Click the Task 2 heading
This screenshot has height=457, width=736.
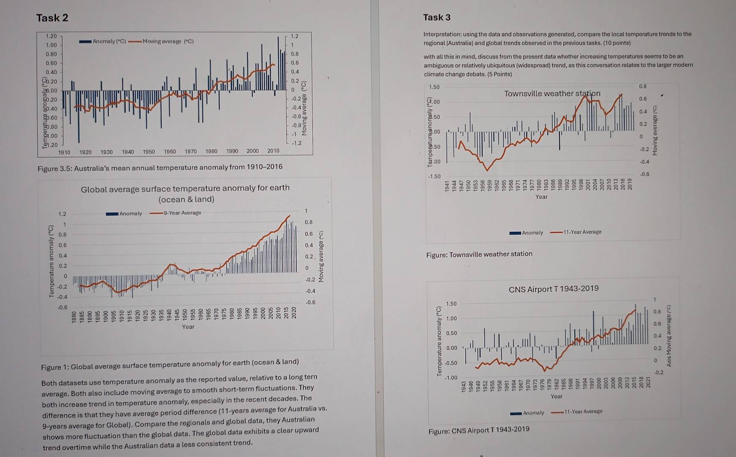52,18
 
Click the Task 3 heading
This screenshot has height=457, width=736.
437,17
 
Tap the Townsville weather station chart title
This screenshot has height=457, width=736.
552,93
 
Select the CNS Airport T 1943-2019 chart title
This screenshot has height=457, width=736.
553,289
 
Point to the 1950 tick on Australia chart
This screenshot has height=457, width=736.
149,151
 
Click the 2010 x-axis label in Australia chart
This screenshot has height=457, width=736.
273,151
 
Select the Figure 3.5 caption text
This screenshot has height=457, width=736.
160,168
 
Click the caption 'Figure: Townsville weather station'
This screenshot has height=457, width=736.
479,254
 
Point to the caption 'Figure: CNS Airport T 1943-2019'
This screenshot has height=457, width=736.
478,430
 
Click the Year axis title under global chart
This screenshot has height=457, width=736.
188,327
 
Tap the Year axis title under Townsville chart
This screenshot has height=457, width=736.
541,197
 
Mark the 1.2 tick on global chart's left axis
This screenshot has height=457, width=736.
62,214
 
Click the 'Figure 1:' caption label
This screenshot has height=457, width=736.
55,367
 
